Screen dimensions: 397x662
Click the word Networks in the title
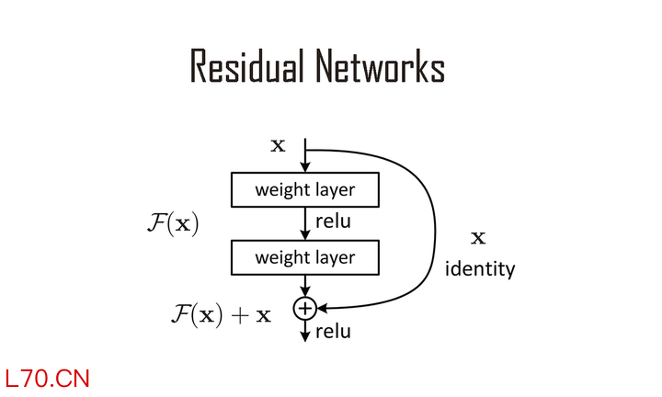tap(380, 67)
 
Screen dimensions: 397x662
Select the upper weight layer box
tap(304, 190)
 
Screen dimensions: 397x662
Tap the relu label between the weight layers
tap(333, 221)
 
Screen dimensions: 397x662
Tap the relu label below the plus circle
tap(333, 332)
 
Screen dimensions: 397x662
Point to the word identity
tap(479, 270)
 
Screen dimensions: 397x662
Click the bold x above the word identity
tap(478, 239)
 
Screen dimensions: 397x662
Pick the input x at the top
tap(277, 145)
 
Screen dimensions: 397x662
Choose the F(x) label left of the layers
tap(173, 223)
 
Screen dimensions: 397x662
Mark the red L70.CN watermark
tap(47, 378)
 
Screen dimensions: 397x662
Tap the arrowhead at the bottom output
tap(304, 337)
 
